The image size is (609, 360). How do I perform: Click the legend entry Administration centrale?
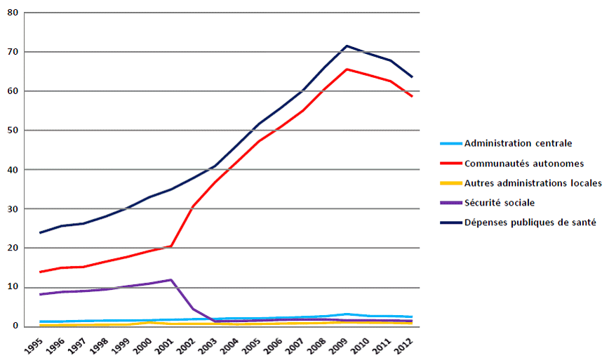click(518, 143)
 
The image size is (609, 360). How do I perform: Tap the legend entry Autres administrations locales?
click(533, 183)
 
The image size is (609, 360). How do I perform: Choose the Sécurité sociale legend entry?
click(500, 203)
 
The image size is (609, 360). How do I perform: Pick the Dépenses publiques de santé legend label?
click(530, 222)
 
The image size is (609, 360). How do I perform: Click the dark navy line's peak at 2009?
click(347, 46)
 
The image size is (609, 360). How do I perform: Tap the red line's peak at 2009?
click(347, 69)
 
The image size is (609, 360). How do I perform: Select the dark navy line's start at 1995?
click(41, 232)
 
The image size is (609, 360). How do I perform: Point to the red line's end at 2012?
click(412, 96)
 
